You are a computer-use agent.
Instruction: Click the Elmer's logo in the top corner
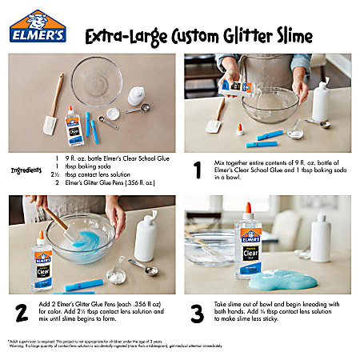click(37, 27)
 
